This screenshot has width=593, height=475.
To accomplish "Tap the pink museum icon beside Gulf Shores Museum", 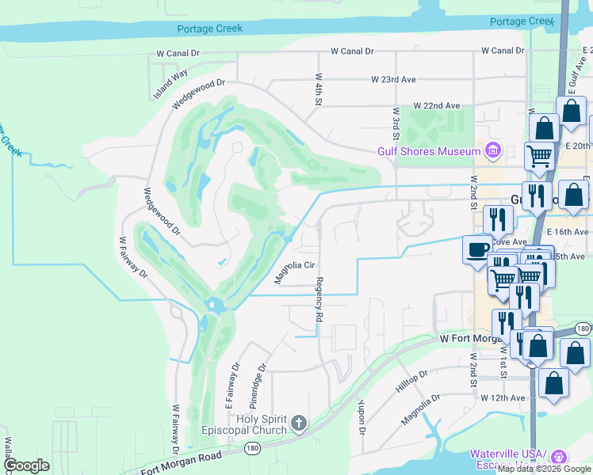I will [x=493, y=150].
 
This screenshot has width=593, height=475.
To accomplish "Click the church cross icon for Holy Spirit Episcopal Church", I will [x=298, y=424].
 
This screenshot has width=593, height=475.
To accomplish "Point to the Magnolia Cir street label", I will [x=295, y=272].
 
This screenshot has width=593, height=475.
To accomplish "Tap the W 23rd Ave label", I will [x=393, y=80].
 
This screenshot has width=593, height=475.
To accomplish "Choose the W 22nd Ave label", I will [x=436, y=105].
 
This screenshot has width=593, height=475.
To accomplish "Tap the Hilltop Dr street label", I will [x=411, y=382].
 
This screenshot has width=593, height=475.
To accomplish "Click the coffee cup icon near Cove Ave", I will [x=478, y=249].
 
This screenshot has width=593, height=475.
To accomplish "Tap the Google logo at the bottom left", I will [x=26, y=465].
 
